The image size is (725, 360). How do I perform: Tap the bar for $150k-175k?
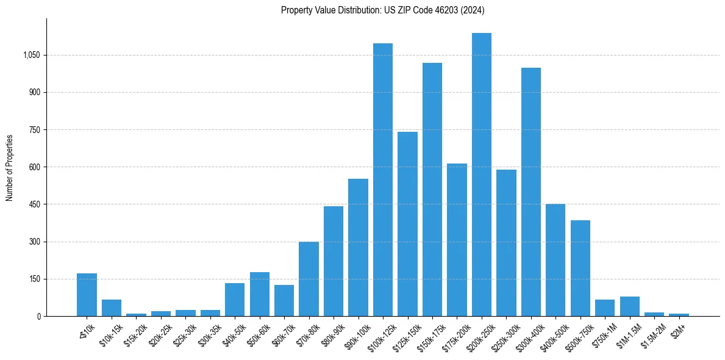(x=432, y=189)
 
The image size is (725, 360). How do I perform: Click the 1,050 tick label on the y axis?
(x=31, y=55)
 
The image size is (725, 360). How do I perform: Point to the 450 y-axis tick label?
(x=35, y=204)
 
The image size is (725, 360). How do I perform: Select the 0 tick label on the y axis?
(x=39, y=316)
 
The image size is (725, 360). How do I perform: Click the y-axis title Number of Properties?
(x=9, y=167)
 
